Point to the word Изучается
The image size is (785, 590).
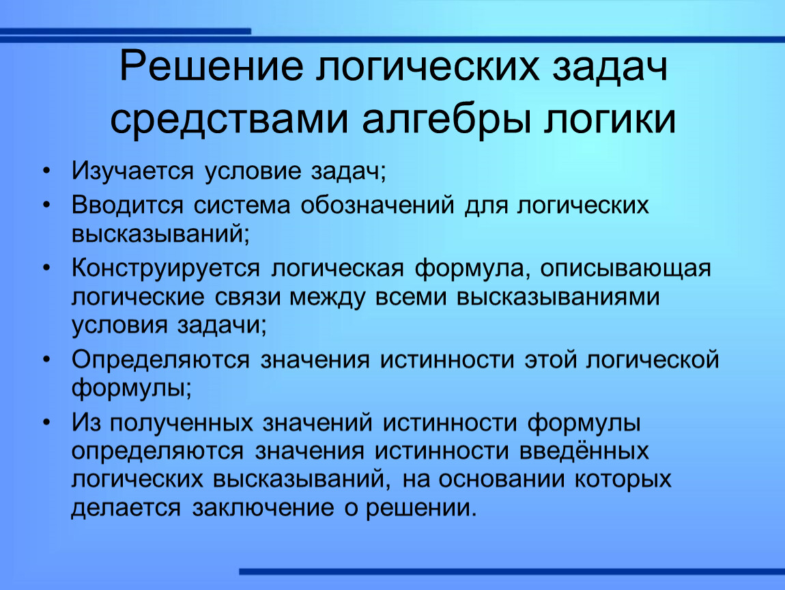pos(132,171)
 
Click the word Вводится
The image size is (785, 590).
pos(128,206)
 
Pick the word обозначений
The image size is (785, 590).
pos(377,206)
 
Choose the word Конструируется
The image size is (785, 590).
pos(166,268)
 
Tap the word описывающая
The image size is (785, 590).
pos(625,268)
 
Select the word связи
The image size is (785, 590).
pos(248,298)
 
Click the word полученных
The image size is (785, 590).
pos(181,423)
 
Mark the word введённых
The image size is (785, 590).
pos(584,451)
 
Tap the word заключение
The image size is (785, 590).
pos(263,508)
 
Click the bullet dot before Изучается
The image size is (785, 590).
pos(46,171)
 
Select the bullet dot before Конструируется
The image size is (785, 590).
pos(46,268)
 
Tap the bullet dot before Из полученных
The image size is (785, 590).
pos(46,423)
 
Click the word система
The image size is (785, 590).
pos(242,206)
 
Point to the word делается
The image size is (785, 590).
pos(126,508)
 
